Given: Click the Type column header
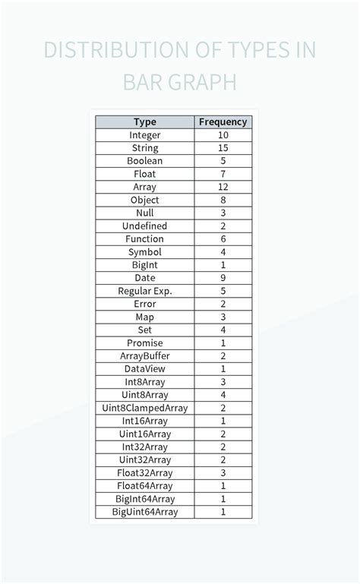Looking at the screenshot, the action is [144, 122].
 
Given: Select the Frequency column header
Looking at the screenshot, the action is [223, 122].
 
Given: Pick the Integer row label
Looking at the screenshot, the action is [144, 135].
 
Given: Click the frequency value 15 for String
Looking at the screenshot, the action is [223, 148].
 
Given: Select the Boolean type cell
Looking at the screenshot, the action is [144, 161].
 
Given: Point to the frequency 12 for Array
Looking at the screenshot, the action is [223, 187].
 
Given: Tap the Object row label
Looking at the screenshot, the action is [144, 200].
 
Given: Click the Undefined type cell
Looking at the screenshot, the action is [144, 226].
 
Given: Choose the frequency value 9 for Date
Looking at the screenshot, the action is [223, 278].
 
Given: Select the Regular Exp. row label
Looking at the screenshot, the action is [144, 291].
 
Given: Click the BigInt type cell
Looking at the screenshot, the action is [144, 265].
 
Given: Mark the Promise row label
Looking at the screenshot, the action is [144, 343].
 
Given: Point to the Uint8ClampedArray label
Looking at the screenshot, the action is [144, 408].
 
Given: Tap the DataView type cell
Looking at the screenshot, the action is [144, 368].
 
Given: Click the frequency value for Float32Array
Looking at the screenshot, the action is [223, 472].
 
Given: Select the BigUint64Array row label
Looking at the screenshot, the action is [144, 512].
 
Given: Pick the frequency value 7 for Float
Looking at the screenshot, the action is [223, 174].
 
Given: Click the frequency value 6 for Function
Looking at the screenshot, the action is [223, 238].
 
